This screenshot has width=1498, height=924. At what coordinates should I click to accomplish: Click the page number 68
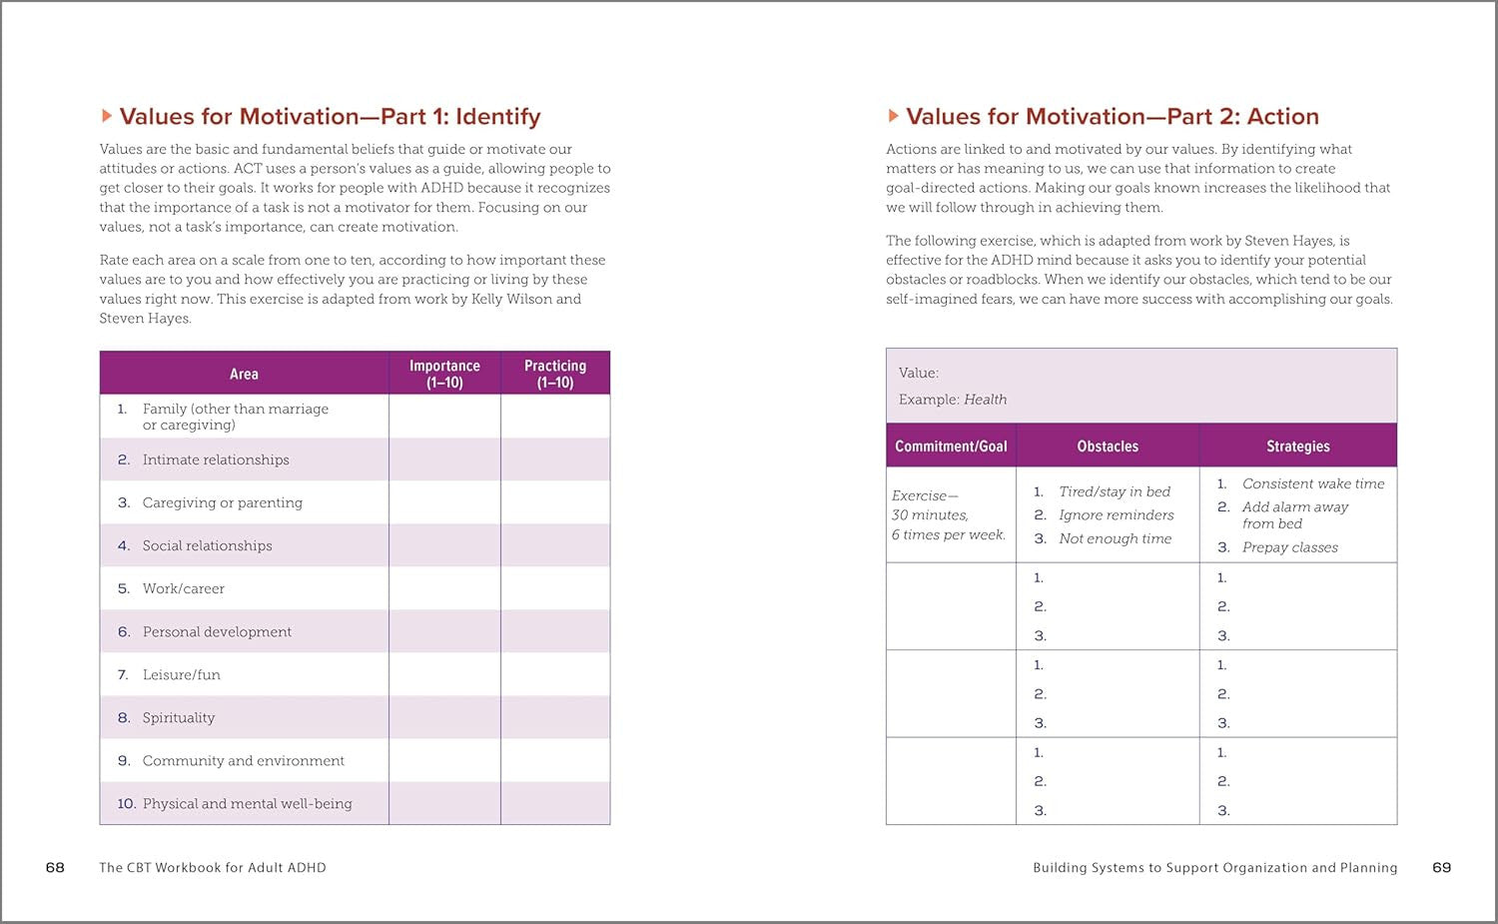55,867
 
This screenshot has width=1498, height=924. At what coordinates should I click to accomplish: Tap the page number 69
1441,867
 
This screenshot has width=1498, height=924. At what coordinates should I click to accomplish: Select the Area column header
244,374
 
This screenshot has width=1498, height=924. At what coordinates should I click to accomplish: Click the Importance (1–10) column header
444,374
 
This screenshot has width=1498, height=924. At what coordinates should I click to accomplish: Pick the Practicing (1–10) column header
555,374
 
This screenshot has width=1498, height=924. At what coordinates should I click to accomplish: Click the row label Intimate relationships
216,460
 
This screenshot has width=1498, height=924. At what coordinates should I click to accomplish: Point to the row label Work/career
184,588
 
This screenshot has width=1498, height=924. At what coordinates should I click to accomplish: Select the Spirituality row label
179,717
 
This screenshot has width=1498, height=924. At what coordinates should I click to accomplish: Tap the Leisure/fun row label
182,674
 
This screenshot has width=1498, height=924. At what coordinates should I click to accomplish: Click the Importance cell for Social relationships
444,545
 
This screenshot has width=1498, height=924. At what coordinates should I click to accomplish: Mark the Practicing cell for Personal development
555,631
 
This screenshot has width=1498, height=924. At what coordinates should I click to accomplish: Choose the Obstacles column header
1108,447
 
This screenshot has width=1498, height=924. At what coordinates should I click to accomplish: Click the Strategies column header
1297,447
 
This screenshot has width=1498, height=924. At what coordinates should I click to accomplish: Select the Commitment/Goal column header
951,447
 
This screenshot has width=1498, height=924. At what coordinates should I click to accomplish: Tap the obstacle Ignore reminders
1116,514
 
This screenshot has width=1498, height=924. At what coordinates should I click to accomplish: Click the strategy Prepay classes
1289,547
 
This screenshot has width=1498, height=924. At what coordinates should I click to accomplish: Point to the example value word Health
985,400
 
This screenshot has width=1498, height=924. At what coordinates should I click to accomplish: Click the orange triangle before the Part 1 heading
107,117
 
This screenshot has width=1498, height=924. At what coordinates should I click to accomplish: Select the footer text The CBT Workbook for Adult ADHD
213,867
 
